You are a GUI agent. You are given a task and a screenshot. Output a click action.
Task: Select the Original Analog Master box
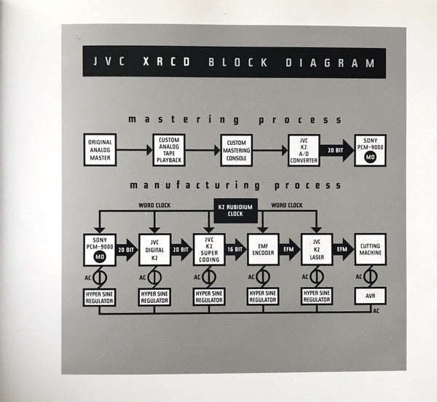pos(100,149)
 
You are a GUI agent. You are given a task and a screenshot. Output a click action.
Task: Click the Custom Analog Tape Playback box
pos(168,149)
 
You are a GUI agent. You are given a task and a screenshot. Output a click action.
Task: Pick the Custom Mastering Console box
pos(236,149)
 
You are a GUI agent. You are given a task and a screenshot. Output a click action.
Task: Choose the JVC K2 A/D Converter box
pos(304,149)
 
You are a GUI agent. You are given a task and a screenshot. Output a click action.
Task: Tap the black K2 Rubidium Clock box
pos(235,210)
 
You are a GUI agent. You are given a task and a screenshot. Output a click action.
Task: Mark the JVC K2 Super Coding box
pos(208,249)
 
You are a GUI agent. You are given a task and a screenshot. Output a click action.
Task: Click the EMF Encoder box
pos(263,249)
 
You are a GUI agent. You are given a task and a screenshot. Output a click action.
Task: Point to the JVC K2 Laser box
pos(316,249)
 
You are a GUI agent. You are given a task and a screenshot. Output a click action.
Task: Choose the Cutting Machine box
pos(370,249)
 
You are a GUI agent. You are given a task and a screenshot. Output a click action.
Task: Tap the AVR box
pos(370,296)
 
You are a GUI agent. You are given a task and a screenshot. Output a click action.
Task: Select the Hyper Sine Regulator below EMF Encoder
pos(263,296)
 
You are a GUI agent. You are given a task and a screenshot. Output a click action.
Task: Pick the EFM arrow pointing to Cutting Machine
pos(343,249)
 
